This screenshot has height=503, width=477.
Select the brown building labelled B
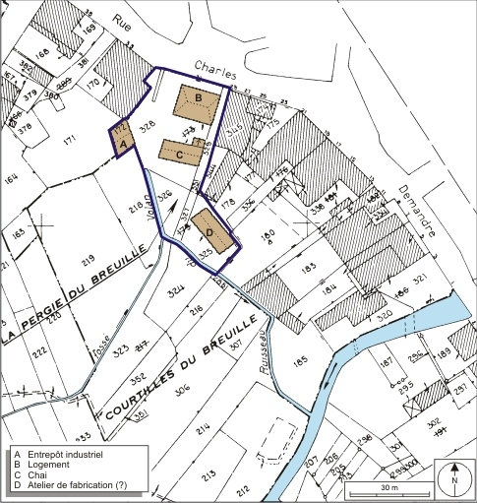point(199,101)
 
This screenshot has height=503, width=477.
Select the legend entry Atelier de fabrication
point(79,486)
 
